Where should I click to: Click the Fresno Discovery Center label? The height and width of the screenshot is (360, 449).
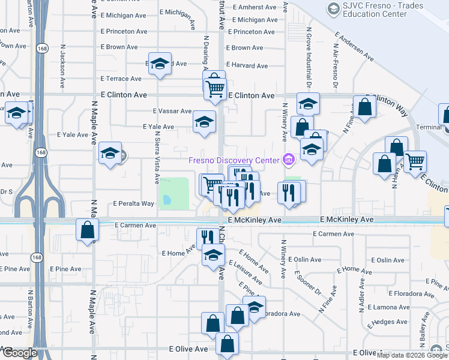[234, 160]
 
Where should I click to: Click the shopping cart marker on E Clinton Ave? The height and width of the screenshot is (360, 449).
[215, 88]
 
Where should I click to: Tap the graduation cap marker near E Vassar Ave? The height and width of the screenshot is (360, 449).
[204, 122]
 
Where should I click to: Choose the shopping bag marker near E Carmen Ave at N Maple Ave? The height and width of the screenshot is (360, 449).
[88, 230]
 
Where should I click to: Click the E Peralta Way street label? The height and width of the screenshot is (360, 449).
[134, 204]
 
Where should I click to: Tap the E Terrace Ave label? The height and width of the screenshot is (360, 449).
[121, 79]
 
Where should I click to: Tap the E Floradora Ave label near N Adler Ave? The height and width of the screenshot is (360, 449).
[411, 294]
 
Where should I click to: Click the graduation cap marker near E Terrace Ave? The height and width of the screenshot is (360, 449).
[160, 64]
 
